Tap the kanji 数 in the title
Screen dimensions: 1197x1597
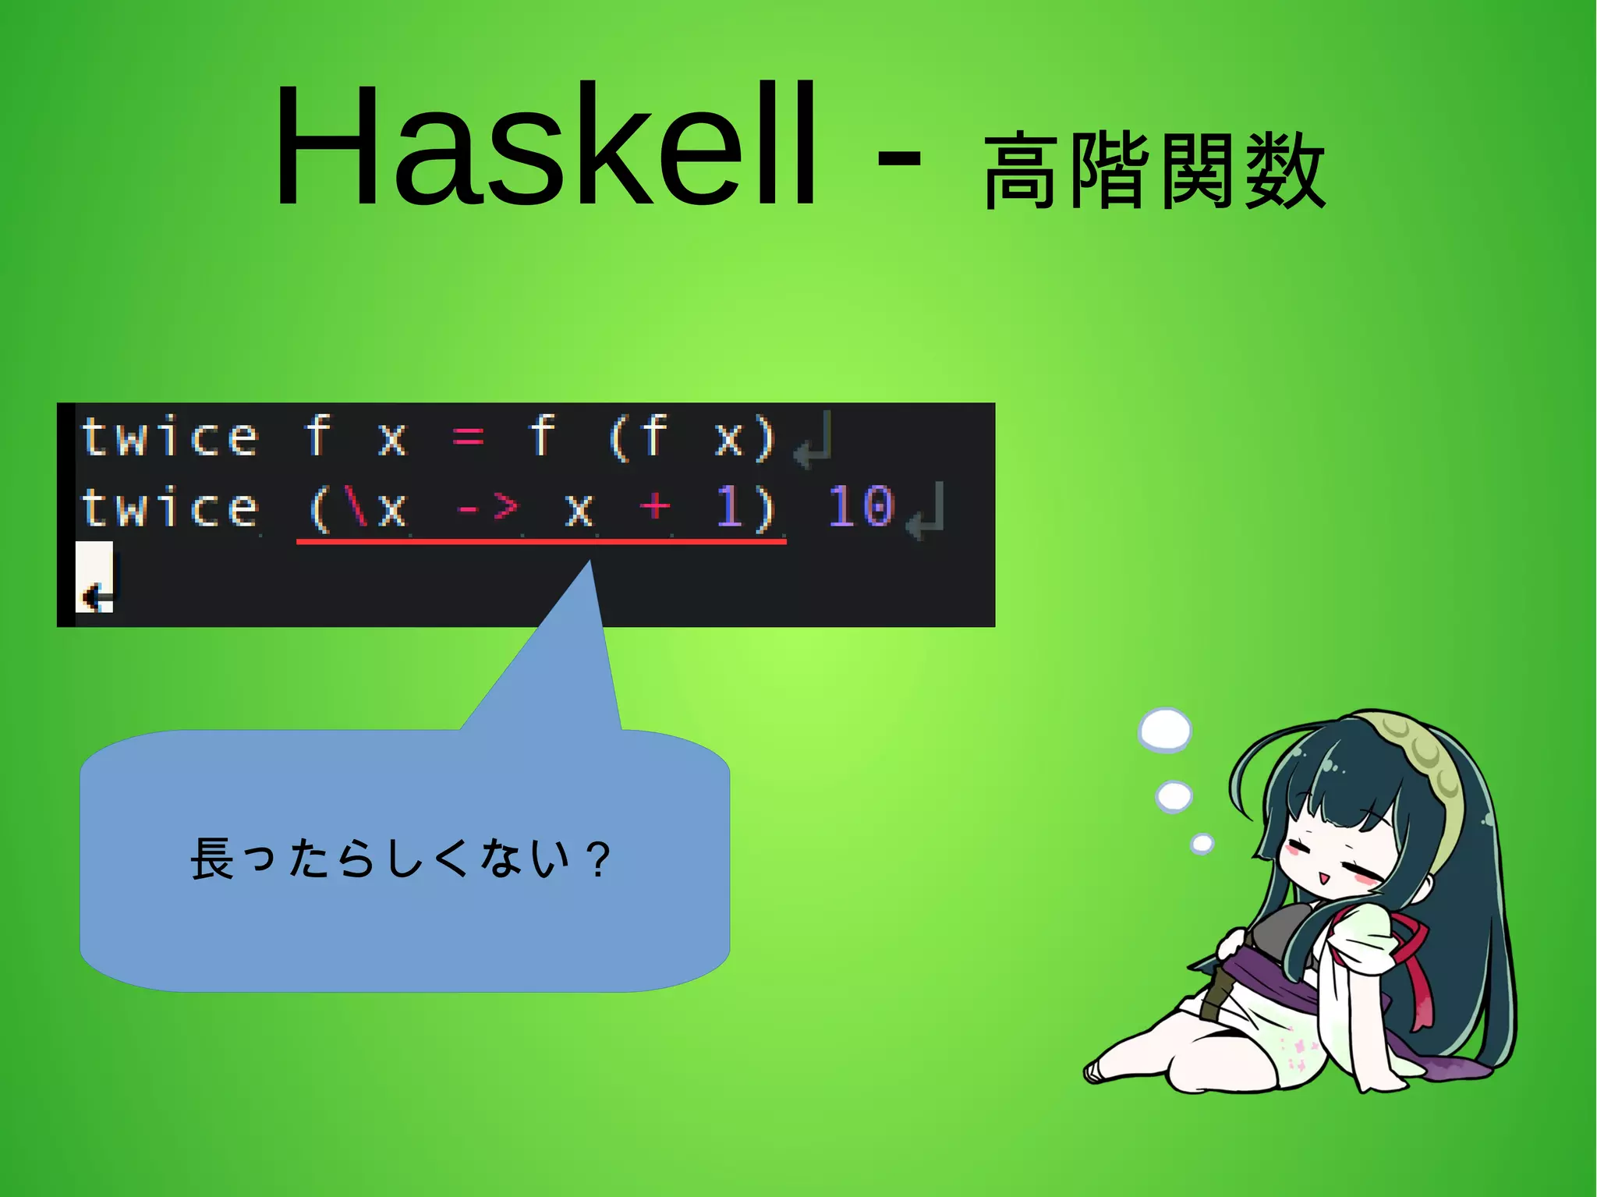point(1285,172)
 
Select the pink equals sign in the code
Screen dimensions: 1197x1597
point(468,437)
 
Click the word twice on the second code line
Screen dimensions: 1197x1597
point(169,508)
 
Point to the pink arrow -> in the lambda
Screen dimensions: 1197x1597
point(488,508)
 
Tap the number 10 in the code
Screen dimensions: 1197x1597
point(860,508)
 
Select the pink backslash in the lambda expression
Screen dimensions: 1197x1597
point(358,508)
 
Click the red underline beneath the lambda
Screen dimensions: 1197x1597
point(541,540)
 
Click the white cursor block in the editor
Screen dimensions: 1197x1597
point(94,577)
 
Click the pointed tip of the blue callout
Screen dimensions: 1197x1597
point(590,563)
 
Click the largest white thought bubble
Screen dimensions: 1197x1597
point(1165,731)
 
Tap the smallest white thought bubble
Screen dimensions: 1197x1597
point(1202,844)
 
